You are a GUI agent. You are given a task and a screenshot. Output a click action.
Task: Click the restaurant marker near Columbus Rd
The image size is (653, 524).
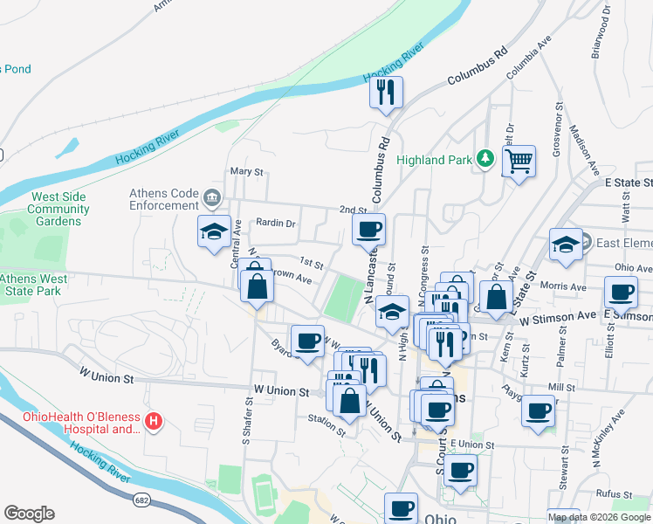(x=386, y=92)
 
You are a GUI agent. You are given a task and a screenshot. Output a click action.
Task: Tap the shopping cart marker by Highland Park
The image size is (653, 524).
(x=519, y=162)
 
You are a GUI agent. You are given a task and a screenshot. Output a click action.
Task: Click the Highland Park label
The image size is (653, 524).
(x=433, y=160)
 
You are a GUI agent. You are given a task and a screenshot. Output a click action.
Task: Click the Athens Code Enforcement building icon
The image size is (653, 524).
(x=210, y=196)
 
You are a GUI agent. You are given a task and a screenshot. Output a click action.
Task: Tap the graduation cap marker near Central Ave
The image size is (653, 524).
(x=214, y=231)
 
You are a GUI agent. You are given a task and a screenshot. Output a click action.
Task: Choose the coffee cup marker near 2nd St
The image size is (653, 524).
(x=368, y=230)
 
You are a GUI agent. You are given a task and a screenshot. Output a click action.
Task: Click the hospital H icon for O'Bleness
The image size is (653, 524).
(x=154, y=422)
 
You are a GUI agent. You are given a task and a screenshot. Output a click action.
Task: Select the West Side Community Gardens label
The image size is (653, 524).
(x=58, y=209)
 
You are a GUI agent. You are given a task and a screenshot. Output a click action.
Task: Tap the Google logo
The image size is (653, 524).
(x=29, y=514)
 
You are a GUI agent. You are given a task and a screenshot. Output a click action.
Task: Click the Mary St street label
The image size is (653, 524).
(x=245, y=172)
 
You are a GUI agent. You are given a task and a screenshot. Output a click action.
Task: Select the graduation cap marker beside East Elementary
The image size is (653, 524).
(x=566, y=245)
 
